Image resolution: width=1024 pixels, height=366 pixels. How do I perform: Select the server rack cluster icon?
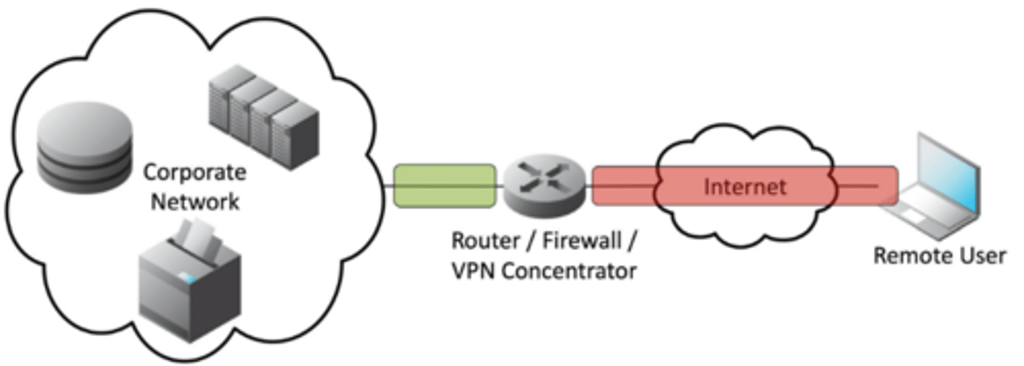click(x=264, y=117)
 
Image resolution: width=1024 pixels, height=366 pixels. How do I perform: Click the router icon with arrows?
click(x=545, y=186)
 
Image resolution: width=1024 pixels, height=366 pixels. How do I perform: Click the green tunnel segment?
click(x=444, y=185)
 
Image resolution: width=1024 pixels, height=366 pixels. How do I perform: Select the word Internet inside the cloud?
click(x=745, y=187)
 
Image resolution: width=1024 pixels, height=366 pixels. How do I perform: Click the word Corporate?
click(x=195, y=173)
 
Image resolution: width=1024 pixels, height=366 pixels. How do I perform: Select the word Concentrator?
click(x=570, y=270)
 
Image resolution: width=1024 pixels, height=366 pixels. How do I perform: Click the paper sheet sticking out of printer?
click(x=196, y=235)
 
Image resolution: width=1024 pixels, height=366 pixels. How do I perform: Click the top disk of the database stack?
click(x=85, y=128)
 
